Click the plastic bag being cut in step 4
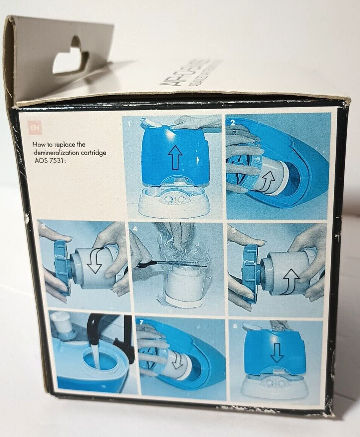coord(182,247)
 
